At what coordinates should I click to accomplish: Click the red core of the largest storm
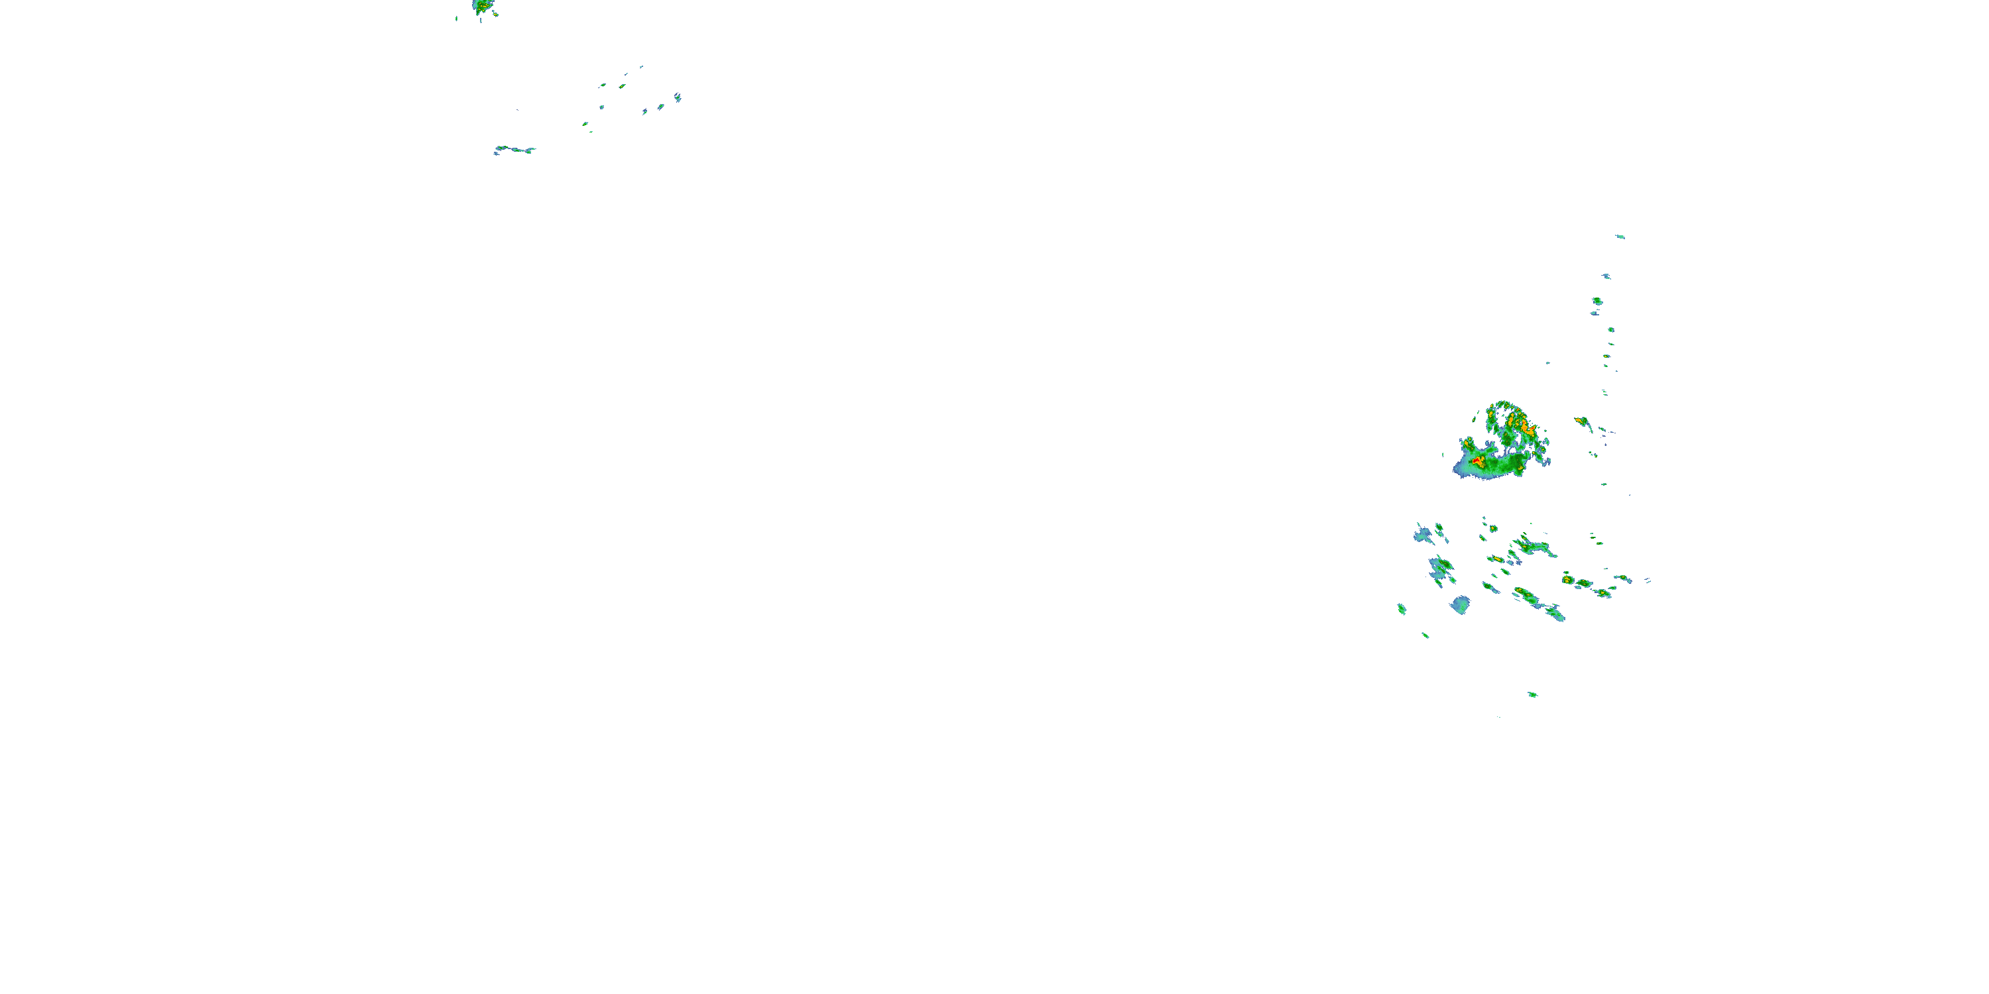click(x=1477, y=461)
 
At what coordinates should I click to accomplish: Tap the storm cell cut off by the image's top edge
click(x=483, y=7)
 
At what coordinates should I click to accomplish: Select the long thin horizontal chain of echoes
click(x=514, y=149)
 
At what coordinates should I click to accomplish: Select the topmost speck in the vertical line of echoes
click(x=1619, y=237)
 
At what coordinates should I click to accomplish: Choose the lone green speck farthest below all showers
click(x=1533, y=694)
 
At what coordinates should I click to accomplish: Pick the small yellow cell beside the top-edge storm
click(x=495, y=13)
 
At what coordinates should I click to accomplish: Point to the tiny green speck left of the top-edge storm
click(x=456, y=19)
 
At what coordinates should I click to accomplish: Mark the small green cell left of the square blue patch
click(x=1402, y=609)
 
